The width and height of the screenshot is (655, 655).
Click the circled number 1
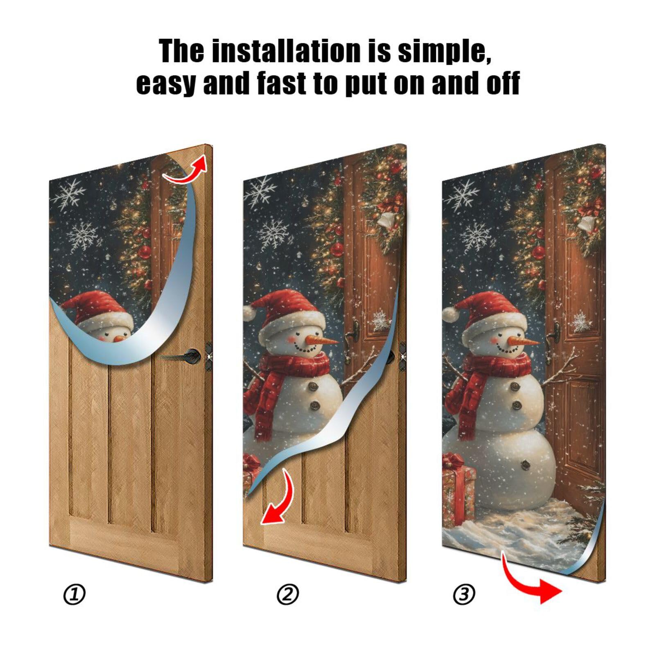click(x=74, y=594)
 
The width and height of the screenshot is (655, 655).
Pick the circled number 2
click(x=288, y=594)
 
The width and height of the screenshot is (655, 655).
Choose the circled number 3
click(x=464, y=594)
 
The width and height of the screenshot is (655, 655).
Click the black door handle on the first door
click(x=192, y=355)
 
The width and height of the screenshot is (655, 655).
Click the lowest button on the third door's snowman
click(x=525, y=464)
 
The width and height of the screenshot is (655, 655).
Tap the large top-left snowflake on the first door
click(x=68, y=193)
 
